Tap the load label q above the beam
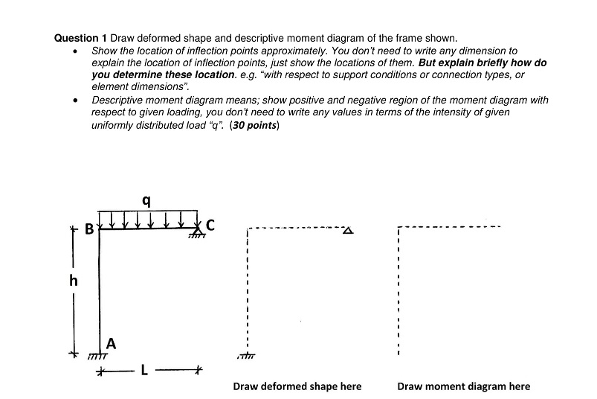coord(146,200)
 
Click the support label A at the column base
coord(111,343)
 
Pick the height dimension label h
coord(72,282)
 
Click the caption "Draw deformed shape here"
coord(297,386)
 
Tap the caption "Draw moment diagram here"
coord(464,386)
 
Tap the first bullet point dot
coord(75,51)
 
